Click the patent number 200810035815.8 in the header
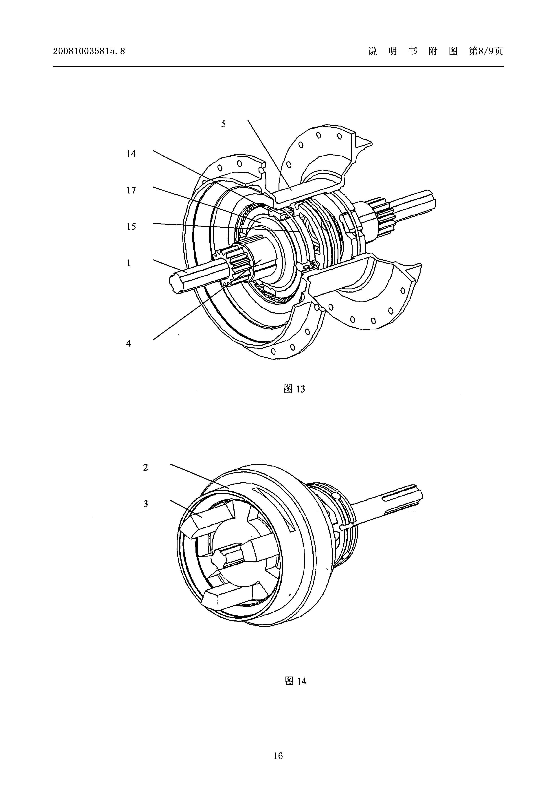[89, 51]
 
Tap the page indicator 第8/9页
[486, 51]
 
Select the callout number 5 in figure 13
[224, 124]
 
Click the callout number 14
[131, 154]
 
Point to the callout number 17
[131, 190]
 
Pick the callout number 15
[131, 226]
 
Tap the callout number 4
[129, 343]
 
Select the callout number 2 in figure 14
[146, 467]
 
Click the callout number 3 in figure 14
[146, 504]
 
